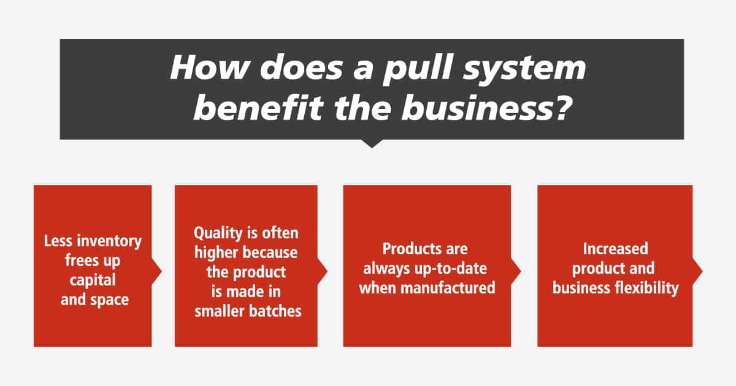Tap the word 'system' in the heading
pos(524,70)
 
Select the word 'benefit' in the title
pos(259,108)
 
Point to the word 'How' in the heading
pos(210,67)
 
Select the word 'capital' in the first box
pos(93,280)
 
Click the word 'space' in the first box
pos(109,300)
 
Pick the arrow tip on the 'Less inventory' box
pos(162,271)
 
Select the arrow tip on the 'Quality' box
pos(328,271)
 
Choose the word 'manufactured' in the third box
pos(448,288)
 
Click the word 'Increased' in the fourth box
pos(615,249)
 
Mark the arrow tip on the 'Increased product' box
pos(702,271)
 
